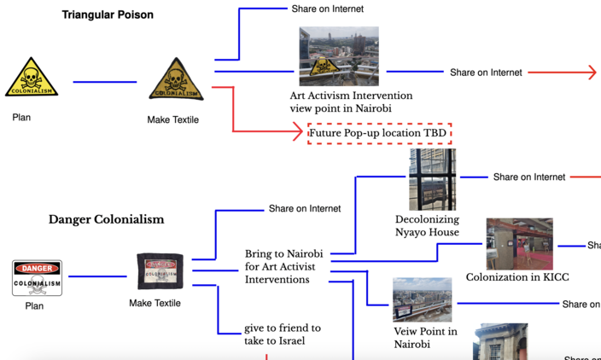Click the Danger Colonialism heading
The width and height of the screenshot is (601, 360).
(x=106, y=219)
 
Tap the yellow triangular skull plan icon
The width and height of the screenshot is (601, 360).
(x=32, y=78)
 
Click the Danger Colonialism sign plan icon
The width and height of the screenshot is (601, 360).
(x=37, y=278)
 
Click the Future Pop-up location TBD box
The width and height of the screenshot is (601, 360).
(x=379, y=133)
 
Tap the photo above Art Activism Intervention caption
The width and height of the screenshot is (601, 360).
(x=338, y=56)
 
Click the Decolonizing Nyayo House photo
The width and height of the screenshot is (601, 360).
(x=432, y=180)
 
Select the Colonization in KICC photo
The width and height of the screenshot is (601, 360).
(x=519, y=244)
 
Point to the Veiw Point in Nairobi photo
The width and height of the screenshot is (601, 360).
(x=422, y=300)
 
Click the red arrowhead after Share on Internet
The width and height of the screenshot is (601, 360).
(x=588, y=73)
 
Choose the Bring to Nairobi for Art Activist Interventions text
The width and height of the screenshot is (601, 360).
(x=280, y=267)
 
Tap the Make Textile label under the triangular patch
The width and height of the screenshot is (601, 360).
(x=172, y=120)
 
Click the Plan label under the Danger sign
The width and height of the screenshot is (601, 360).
(x=34, y=305)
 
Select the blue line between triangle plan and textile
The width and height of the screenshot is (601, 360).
(x=104, y=82)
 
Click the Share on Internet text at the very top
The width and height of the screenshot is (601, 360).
(x=327, y=9)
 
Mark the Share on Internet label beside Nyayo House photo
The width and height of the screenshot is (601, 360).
(x=528, y=177)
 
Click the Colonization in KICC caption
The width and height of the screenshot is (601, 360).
(x=517, y=277)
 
